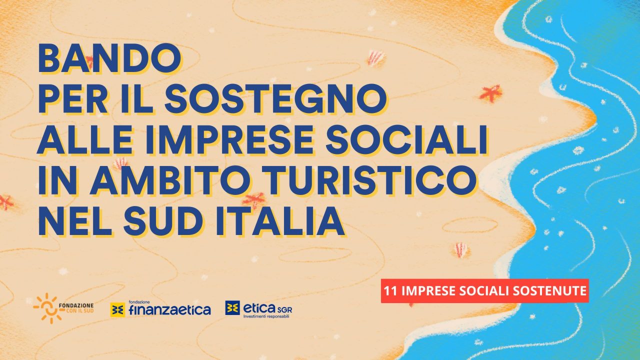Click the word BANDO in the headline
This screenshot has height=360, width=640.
tap(109, 58)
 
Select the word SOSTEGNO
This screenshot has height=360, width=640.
tap(275, 99)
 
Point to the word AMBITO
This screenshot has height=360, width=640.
tap(170, 180)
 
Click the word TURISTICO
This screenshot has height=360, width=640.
tap(369, 180)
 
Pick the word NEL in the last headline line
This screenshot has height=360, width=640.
tap(75, 221)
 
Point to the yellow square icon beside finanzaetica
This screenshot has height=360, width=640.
tap(117, 309)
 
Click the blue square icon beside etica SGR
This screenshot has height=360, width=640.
tap(232, 307)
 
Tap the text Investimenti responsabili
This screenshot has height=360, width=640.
tap(266, 316)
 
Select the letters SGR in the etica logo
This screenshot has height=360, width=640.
tap(284, 309)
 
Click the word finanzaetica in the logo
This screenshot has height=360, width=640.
tap(170, 309)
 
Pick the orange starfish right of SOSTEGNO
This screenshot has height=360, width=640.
tap(490, 93)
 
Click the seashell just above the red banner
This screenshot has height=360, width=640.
tap(460, 249)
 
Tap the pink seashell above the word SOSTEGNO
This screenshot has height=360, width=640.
tap(375, 58)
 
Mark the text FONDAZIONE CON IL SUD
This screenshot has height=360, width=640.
tap(76, 308)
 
